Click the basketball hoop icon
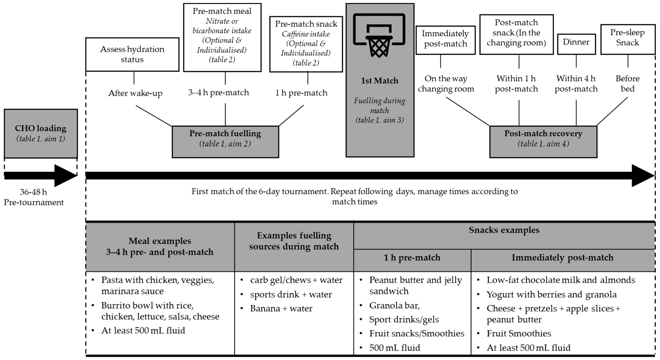click(x=379, y=35)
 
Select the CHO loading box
click(x=41, y=133)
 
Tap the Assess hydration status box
click(x=132, y=54)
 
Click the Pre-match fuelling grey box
click(x=225, y=141)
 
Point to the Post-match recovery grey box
click(x=543, y=141)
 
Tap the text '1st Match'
click(x=379, y=81)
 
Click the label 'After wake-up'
click(x=135, y=93)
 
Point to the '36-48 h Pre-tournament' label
click(x=34, y=197)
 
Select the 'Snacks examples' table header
click(x=504, y=230)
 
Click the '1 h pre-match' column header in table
click(x=412, y=258)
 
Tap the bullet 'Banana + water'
click(x=281, y=309)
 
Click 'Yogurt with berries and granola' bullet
click(x=551, y=294)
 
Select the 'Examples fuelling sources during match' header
click(x=294, y=241)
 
